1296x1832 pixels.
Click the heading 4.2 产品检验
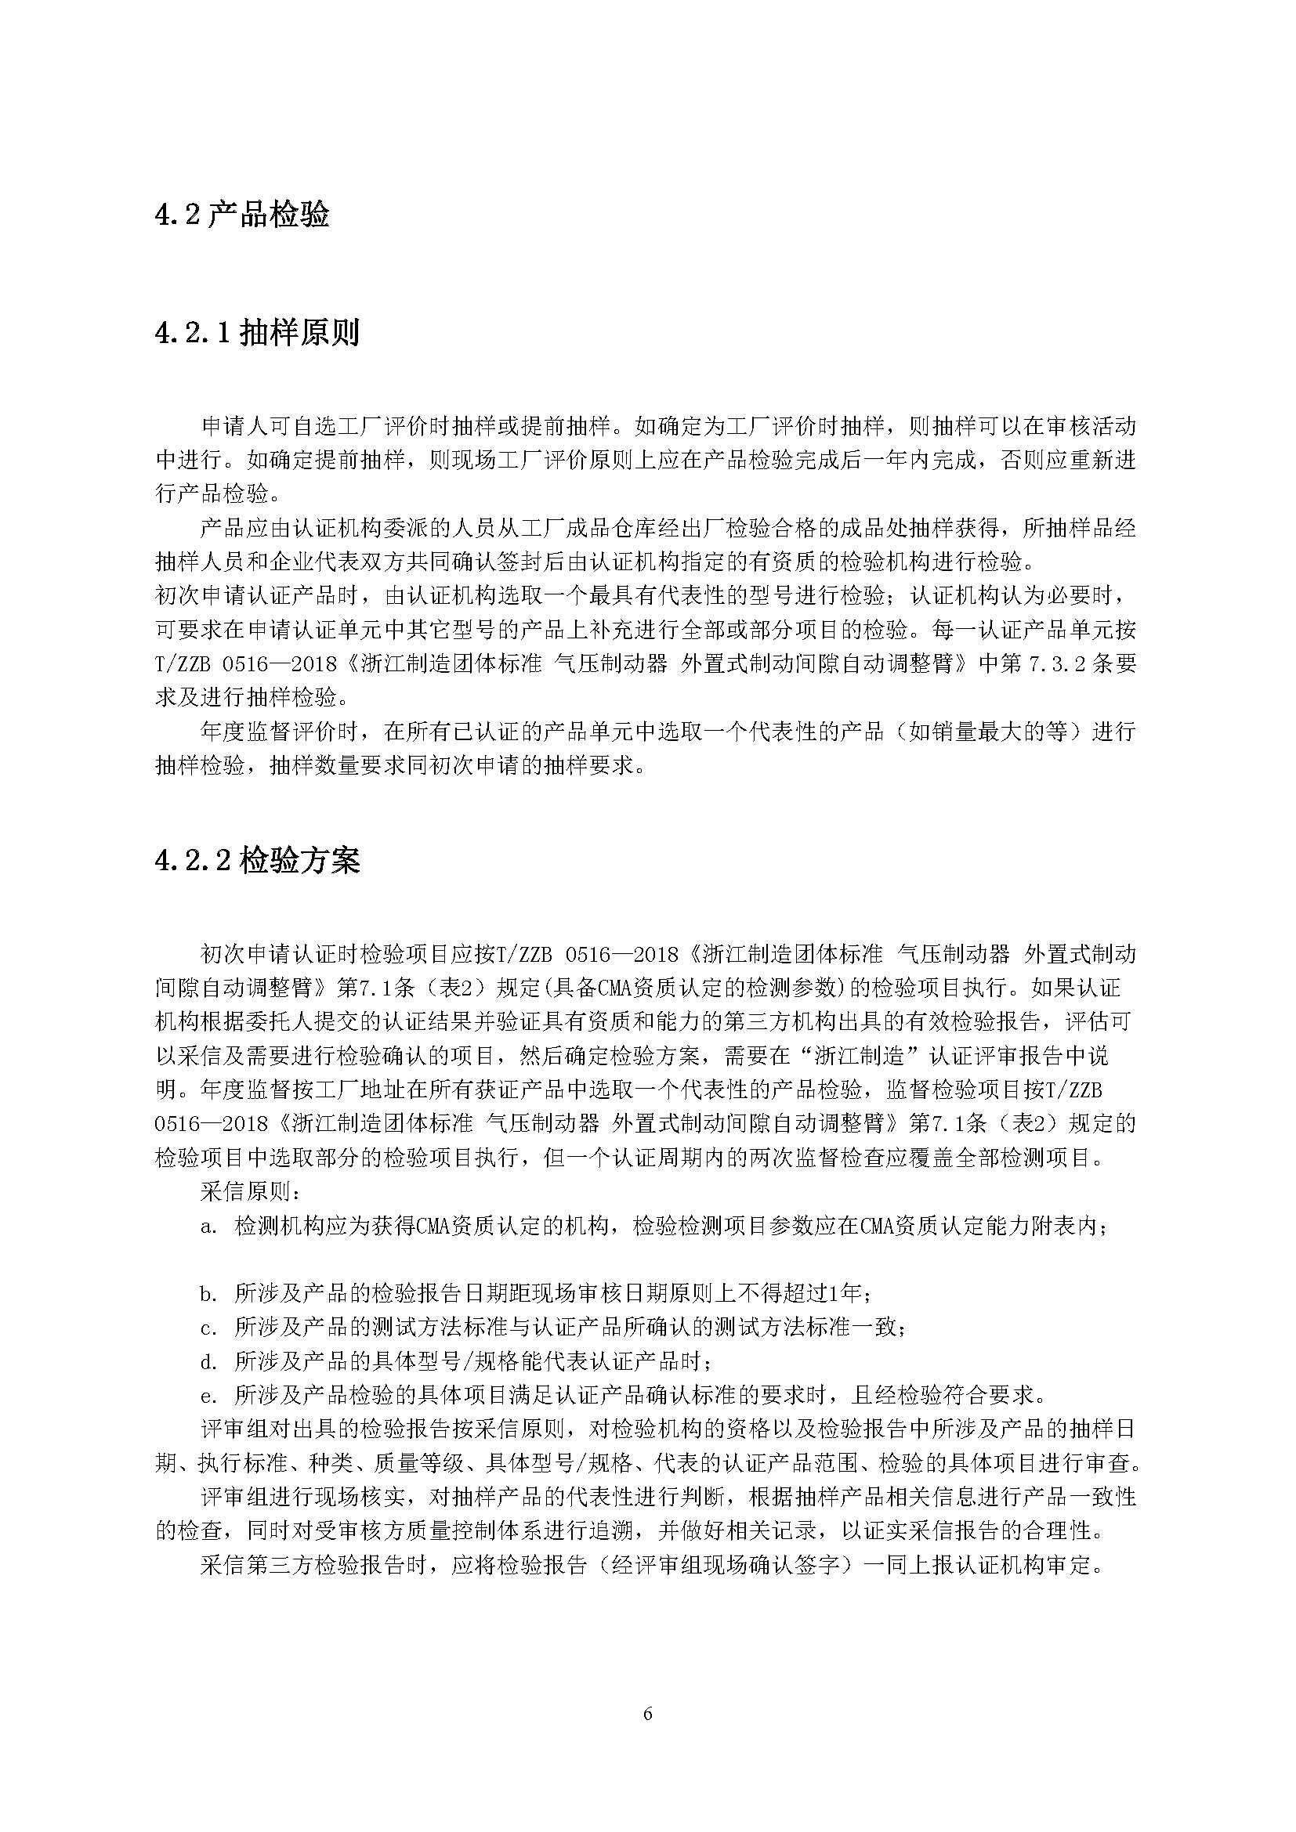tap(242, 215)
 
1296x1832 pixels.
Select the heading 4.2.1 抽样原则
tap(257, 332)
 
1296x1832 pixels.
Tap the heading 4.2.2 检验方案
tap(257, 860)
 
